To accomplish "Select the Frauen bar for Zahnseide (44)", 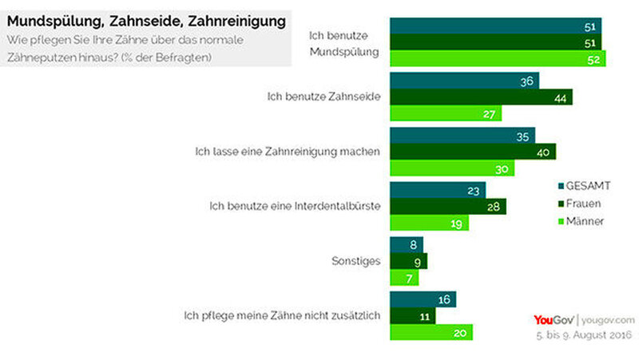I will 481,97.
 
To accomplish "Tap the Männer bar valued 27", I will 446,113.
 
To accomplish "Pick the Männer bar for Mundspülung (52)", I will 498,58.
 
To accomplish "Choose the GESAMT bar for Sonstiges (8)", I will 407,245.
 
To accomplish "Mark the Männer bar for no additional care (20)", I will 431,332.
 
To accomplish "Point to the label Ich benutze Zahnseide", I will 323,97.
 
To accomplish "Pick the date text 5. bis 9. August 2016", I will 584,334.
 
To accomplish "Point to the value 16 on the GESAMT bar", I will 444,299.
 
